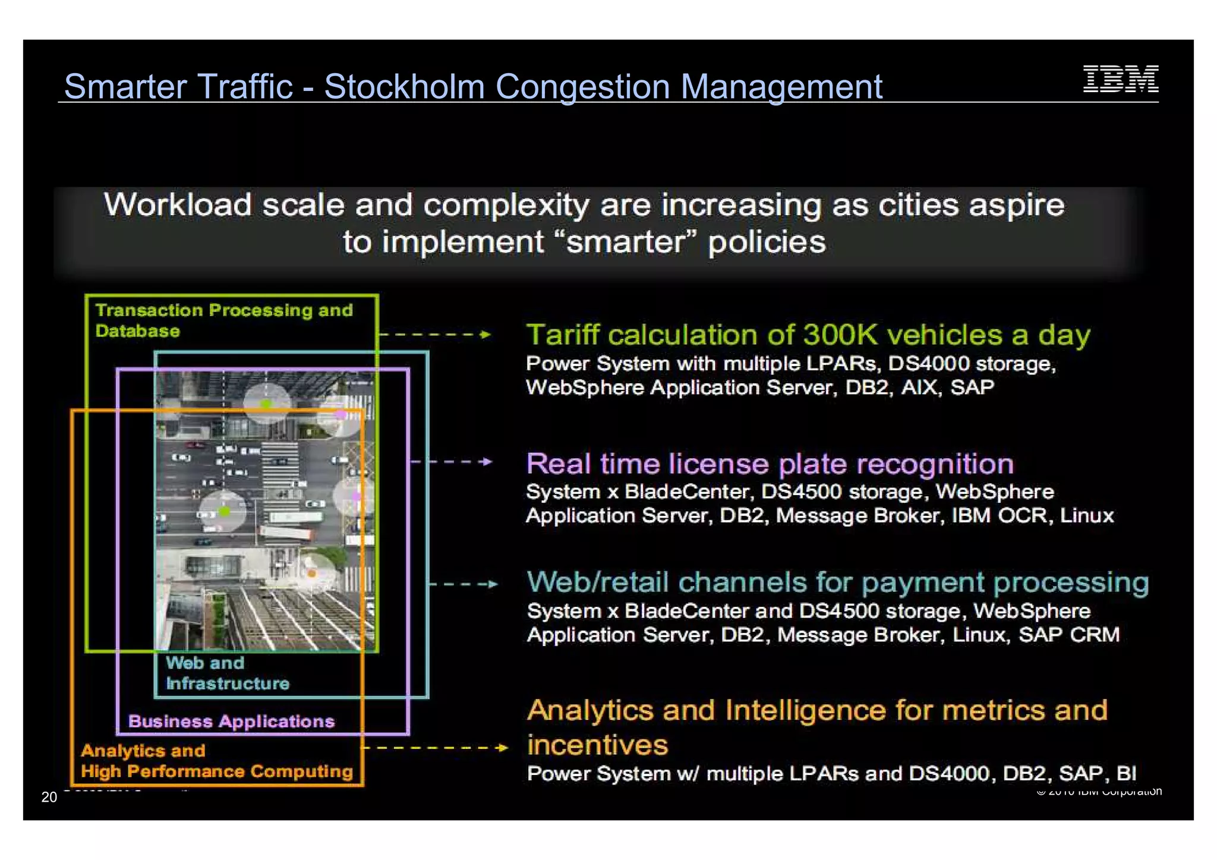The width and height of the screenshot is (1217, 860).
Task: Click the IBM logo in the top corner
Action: coord(1120,79)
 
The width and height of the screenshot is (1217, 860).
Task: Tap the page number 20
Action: coord(49,797)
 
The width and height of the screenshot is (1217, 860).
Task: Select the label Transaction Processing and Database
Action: coord(224,320)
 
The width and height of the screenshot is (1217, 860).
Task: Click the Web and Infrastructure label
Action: coord(227,673)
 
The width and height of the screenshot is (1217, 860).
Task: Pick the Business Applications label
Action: coord(231,722)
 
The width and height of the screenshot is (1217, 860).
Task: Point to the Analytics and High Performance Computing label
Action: coord(217,761)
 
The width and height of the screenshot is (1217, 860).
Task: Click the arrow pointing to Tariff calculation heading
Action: coord(434,335)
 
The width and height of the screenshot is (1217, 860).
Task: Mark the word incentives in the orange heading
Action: coord(597,745)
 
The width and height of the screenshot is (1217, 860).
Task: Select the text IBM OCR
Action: coord(1000,515)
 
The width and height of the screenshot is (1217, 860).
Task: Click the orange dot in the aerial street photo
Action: coord(311,574)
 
